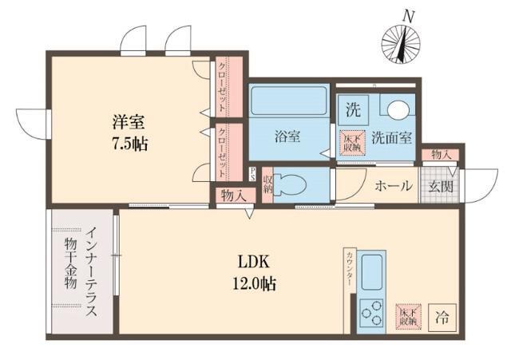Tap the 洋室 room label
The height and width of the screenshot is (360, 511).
click(129, 124)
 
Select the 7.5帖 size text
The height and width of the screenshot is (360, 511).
click(129, 146)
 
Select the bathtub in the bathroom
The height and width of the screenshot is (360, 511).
click(288, 101)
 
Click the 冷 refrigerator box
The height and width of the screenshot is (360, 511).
click(441, 317)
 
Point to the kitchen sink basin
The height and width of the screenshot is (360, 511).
click(372, 272)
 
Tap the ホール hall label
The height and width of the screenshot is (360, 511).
click(394, 186)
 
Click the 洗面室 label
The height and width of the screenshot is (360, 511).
click(394, 137)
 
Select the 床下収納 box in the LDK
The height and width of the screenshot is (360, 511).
click(407, 316)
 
